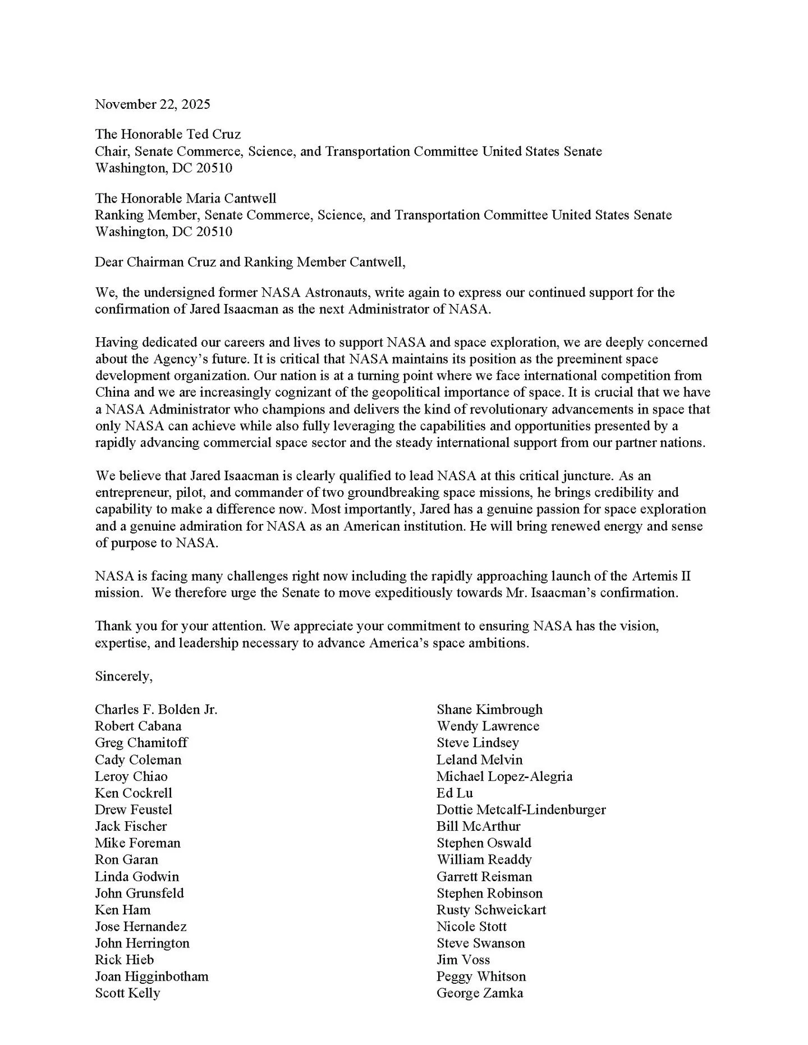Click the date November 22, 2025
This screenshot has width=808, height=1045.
(153, 104)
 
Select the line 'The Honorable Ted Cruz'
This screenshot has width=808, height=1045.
(168, 134)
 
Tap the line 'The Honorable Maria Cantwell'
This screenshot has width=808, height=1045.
(186, 198)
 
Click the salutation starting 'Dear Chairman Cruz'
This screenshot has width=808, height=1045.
(250, 262)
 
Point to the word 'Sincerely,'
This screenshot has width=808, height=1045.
(123, 676)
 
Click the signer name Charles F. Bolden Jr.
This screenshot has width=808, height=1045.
(156, 710)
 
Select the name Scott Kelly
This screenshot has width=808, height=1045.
(127, 993)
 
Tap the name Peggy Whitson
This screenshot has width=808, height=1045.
(481, 976)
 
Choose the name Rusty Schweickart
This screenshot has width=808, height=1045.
(491, 910)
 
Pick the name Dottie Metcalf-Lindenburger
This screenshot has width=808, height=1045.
(521, 809)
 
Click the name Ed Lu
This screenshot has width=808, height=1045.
(454, 793)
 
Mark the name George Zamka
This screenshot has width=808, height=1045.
(480, 993)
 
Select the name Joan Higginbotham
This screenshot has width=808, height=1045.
(151, 976)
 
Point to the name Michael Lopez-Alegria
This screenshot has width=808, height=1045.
(504, 776)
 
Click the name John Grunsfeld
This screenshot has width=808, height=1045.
(139, 893)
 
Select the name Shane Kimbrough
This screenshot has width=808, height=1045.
(489, 710)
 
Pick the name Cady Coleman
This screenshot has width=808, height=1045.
(138, 759)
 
